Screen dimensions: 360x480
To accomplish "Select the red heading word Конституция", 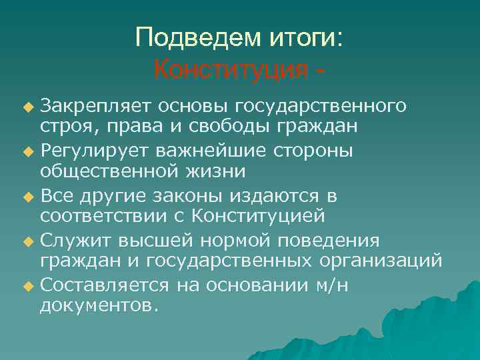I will point(231,69).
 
